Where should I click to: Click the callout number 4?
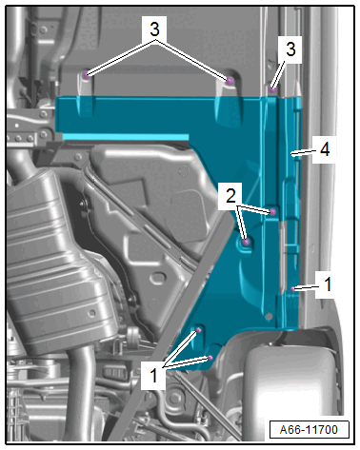325,149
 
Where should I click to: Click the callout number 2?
230,196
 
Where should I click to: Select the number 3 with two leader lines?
154,29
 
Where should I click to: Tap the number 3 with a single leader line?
290,49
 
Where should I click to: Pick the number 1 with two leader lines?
153,375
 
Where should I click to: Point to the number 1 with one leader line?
328,284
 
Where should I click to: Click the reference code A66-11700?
309,430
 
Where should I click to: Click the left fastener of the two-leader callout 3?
85,76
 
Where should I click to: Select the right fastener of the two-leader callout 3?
230,82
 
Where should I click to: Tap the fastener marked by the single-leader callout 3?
272,89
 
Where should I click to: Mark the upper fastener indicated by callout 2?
272,211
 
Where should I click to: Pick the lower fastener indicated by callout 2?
246,243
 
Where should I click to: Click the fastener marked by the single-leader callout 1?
293,289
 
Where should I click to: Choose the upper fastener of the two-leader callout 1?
199,330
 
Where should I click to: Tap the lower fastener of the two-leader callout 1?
210,358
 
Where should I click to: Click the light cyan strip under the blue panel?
126,137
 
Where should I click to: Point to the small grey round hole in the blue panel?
269,316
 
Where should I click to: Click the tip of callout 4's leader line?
291,155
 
